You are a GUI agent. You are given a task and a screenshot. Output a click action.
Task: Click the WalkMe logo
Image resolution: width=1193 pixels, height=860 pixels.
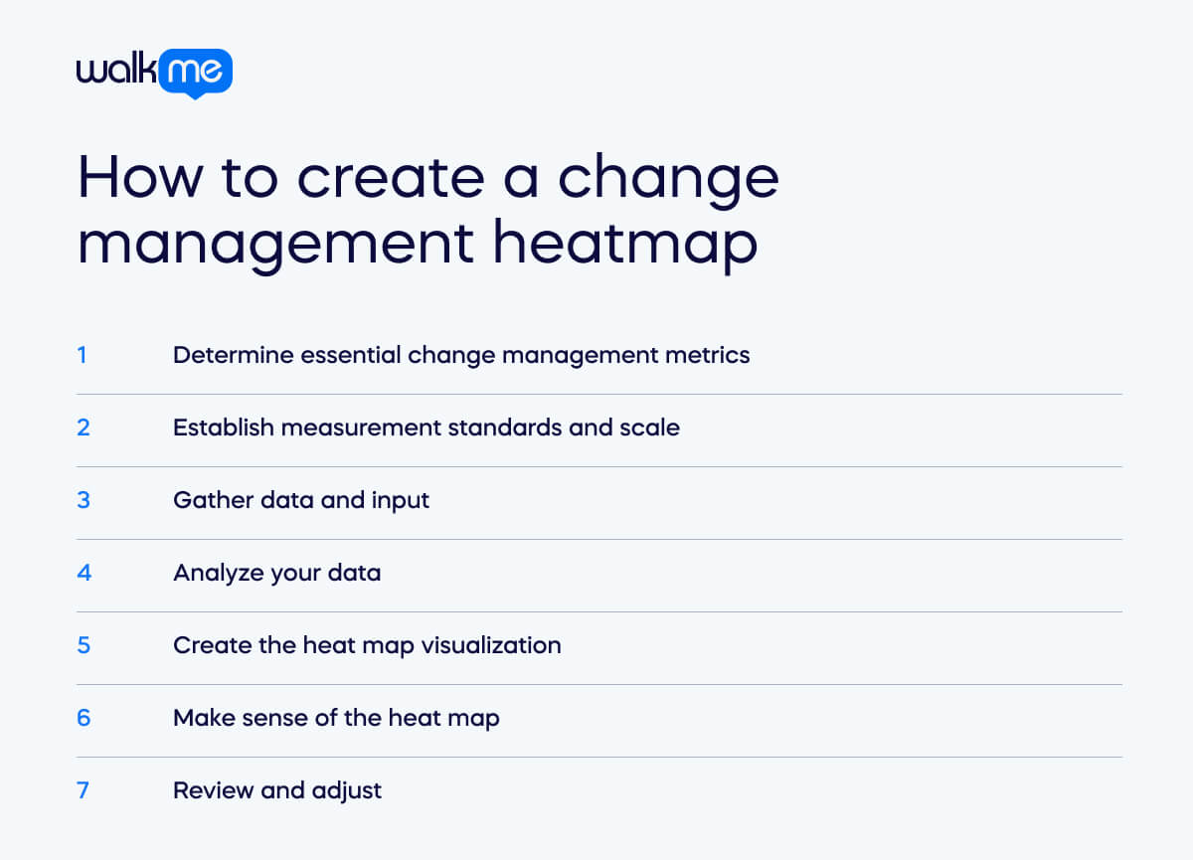click(x=154, y=73)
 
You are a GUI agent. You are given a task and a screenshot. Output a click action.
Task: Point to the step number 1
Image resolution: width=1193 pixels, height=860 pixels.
click(x=82, y=354)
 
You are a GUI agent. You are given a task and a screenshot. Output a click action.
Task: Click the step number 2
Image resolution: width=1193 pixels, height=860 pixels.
click(x=84, y=427)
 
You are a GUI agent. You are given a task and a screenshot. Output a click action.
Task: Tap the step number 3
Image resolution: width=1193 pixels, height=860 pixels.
click(x=84, y=499)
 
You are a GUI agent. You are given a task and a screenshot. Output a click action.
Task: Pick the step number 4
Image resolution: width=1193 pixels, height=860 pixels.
click(x=84, y=572)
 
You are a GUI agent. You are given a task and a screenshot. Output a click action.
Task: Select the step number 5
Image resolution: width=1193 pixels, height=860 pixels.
click(x=84, y=644)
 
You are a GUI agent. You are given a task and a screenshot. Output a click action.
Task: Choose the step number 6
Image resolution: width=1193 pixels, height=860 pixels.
click(x=84, y=717)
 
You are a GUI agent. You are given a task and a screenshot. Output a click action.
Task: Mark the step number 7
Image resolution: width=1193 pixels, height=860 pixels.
click(x=84, y=789)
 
